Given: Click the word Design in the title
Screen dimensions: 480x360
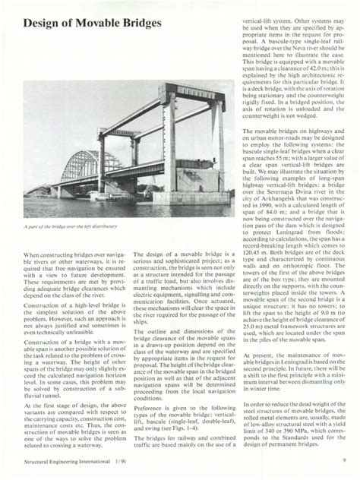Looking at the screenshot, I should (43, 23).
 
